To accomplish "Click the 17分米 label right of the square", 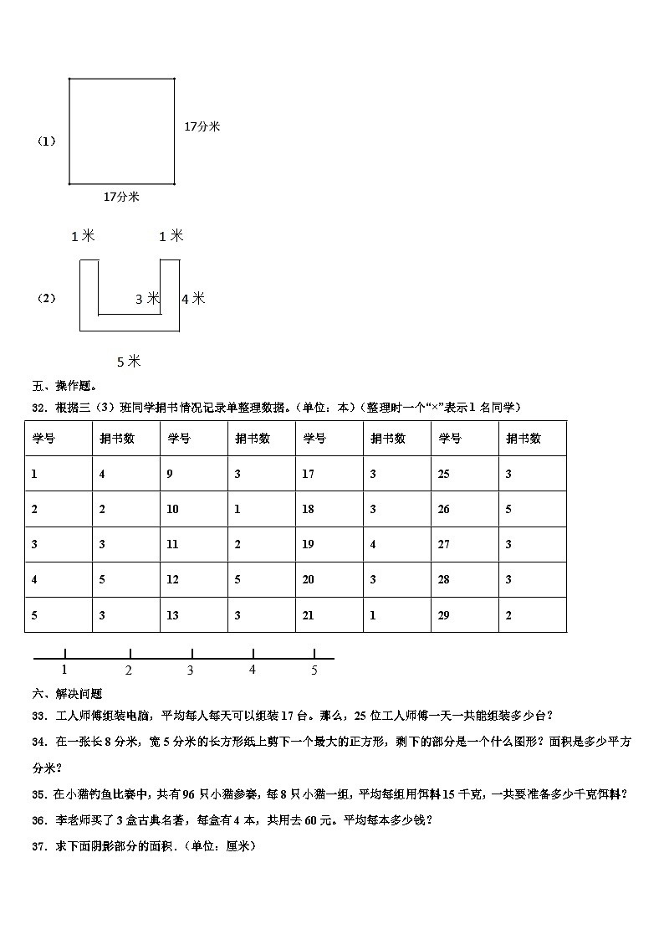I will (202, 126).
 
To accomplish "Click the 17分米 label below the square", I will (121, 197).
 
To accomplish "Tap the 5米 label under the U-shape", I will (129, 362).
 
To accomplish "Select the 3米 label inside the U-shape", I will (147, 299).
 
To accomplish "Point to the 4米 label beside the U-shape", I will (192, 298).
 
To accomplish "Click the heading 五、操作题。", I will (64, 387).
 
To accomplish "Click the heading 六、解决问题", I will (67, 694).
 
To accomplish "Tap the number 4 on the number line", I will (253, 670).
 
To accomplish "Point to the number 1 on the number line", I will (64, 670).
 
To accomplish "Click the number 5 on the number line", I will (314, 670).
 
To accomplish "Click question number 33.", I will (38, 715).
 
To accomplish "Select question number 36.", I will (38, 821).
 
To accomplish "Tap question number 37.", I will (38, 846).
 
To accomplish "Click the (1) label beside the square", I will (47, 141).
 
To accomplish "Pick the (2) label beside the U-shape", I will (47, 298).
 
